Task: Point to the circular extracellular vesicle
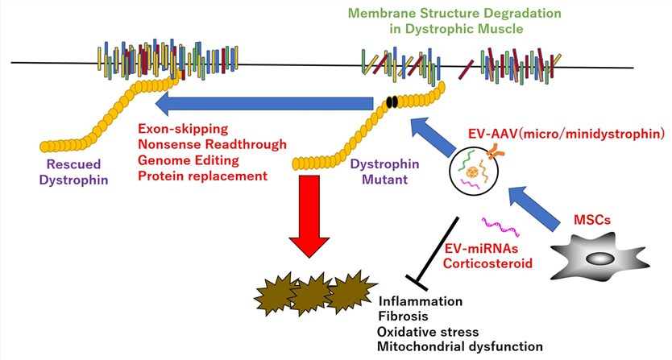(x=478, y=172)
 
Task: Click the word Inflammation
(x=420, y=301)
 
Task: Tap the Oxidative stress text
(x=428, y=332)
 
